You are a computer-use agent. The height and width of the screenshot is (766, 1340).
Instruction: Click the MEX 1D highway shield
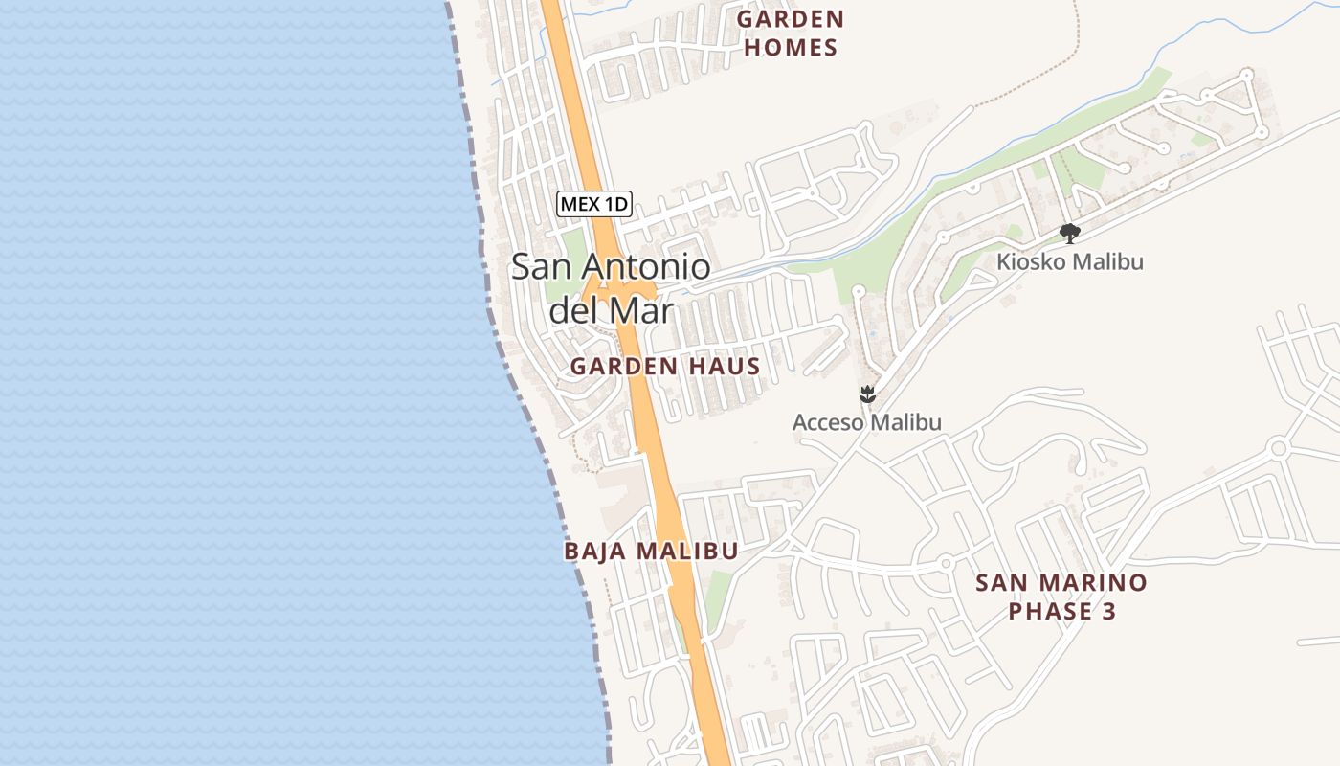pyautogui.click(x=593, y=204)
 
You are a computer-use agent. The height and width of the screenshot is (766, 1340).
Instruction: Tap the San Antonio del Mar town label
pyautogui.click(x=611, y=287)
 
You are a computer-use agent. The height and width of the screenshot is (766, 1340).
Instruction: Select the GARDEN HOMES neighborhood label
pyautogui.click(x=790, y=34)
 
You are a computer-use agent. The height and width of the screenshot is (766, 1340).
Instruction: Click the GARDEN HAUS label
pyautogui.click(x=665, y=366)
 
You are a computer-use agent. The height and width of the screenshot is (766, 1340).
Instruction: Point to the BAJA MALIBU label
pyautogui.click(x=651, y=552)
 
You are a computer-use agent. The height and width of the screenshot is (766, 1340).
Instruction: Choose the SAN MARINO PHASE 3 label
pyautogui.click(x=1061, y=597)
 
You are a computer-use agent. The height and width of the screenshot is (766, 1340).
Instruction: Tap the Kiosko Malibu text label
pyautogui.click(x=1069, y=261)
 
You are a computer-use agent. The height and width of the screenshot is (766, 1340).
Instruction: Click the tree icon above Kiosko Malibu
pyautogui.click(x=1070, y=233)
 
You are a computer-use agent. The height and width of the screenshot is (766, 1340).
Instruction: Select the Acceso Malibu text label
pyautogui.click(x=866, y=422)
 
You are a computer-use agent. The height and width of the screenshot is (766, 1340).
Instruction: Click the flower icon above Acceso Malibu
pyautogui.click(x=867, y=394)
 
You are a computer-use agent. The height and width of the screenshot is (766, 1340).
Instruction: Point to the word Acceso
pyautogui.click(x=828, y=422)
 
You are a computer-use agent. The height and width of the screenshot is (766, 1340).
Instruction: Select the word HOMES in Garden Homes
pyautogui.click(x=790, y=48)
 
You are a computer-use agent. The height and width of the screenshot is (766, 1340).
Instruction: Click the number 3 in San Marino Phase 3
pyautogui.click(x=1108, y=611)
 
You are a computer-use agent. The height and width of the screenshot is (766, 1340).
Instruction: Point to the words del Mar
pyautogui.click(x=611, y=310)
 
